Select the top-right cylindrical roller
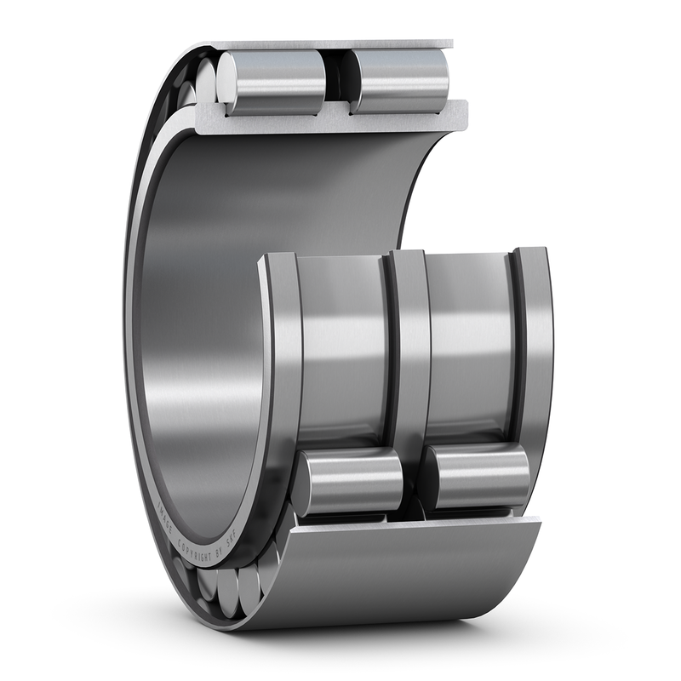point(400,81)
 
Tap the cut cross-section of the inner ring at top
point(332,119)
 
